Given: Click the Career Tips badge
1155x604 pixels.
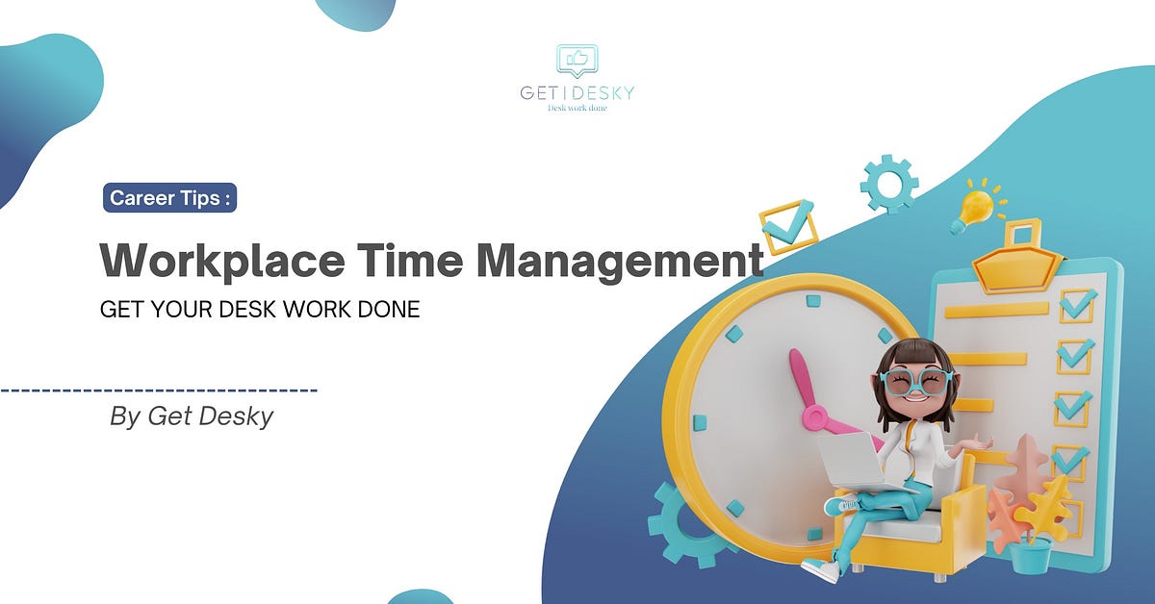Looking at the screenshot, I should (x=169, y=198).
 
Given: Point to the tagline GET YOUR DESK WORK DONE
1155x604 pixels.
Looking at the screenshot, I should (x=260, y=312).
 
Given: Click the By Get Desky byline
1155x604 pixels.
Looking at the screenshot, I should (x=192, y=417).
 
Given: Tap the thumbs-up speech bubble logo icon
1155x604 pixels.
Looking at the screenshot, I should (x=577, y=61).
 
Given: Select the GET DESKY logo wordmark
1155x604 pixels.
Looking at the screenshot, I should (x=577, y=93).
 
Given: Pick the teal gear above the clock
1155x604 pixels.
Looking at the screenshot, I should (x=888, y=183).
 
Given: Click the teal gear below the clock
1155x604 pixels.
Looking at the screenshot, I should (x=685, y=524).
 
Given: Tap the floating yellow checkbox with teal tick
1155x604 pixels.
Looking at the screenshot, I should (x=788, y=225).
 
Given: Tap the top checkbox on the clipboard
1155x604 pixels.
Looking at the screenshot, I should (x=1076, y=306).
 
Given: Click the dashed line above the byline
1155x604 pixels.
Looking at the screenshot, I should (x=159, y=390).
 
